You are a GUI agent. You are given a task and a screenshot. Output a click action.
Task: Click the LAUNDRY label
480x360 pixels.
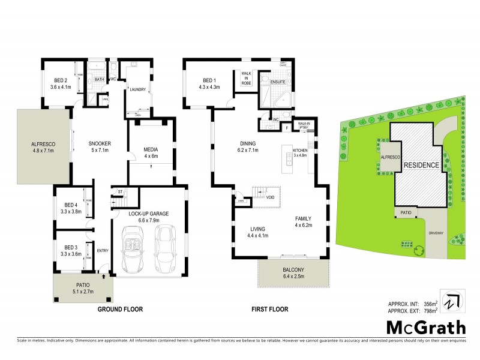click(139, 90)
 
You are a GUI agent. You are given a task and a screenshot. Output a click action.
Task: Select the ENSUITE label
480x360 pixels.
click(278, 82)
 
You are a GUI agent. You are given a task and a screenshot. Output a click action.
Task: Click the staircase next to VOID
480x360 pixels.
click(259, 193)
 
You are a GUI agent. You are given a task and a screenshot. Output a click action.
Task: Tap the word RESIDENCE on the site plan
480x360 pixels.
click(421, 164)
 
